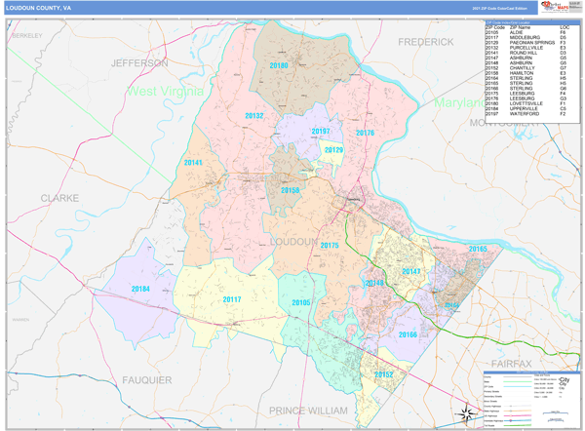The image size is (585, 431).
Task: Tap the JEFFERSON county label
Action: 140,62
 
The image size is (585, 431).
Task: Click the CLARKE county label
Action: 59,197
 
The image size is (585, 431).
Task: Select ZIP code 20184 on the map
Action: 141,289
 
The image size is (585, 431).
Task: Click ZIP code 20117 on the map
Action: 232,299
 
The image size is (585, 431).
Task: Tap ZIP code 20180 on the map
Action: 280,65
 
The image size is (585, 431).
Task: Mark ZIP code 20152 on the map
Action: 382,374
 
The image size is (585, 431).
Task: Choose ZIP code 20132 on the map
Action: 254,115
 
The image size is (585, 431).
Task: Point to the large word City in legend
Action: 564,379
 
